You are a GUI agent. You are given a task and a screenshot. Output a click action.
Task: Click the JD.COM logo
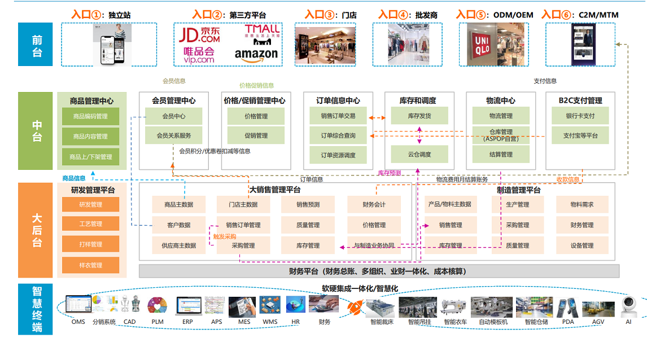(x=199, y=36)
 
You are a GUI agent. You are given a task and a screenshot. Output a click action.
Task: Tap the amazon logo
(x=256, y=55)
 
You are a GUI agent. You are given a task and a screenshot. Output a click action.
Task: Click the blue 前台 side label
(x=37, y=45)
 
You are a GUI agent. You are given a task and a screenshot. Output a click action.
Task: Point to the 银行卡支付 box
(x=580, y=116)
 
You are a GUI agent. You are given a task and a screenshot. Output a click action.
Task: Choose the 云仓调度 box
(x=419, y=154)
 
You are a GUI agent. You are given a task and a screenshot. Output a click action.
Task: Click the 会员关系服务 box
(x=173, y=135)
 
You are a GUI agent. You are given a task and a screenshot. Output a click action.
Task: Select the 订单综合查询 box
(x=338, y=135)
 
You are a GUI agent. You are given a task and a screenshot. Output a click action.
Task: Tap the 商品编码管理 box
(x=90, y=117)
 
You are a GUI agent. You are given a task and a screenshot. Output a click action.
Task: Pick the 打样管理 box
(x=90, y=244)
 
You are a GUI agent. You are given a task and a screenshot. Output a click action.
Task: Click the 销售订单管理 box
(x=243, y=225)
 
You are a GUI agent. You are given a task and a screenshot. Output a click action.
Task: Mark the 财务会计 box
(x=374, y=204)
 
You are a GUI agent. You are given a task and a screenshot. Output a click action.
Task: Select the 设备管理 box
(x=582, y=245)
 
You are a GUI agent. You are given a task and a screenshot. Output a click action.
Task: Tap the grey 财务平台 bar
(x=378, y=271)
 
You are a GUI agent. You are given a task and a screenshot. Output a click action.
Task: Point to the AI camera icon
(x=628, y=307)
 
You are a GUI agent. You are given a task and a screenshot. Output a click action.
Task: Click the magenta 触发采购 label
(x=224, y=236)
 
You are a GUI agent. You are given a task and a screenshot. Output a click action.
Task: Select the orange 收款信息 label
(x=568, y=179)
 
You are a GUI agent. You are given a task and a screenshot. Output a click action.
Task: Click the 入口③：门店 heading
(x=330, y=15)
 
